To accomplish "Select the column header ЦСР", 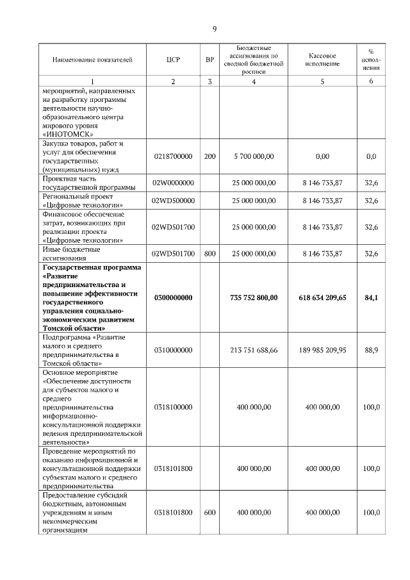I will pos(173,60).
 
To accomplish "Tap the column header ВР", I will pos(209,60).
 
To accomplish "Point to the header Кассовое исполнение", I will pos(322,60).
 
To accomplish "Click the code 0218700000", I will pos(173,156).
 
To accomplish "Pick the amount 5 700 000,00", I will pos(254,156).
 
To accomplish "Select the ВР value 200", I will pos(209,156).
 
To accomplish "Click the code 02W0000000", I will pos(173,183).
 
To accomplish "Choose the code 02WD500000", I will pos(173,201).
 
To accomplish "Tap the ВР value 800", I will pos(209,254).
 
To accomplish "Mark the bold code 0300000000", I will pos(173,297).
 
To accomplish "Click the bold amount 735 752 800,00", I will pos(254,297).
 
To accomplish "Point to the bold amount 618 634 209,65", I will pos(322,297).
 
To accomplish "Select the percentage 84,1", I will pos(371,297).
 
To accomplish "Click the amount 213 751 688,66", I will pos(254,350).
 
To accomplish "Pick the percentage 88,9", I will pos(371,350).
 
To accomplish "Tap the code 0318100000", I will pos(173,407).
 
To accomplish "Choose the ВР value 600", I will pos(209,513).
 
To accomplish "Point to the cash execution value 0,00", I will pos(322,156).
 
